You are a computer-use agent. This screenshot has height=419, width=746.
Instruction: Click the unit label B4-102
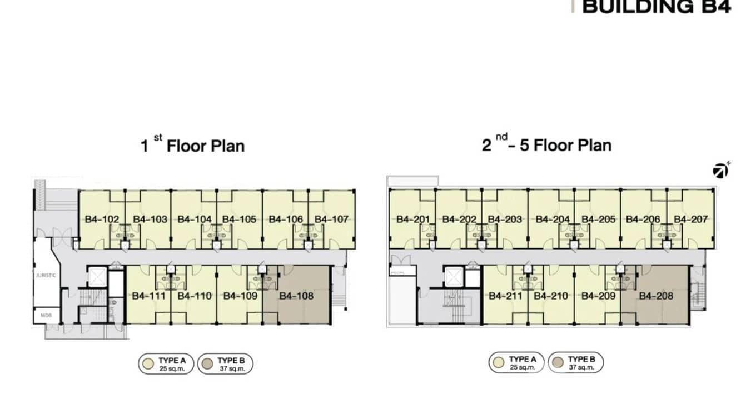click(102, 220)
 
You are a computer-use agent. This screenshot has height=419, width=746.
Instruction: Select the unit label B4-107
click(331, 220)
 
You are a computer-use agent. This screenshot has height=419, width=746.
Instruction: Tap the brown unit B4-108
click(296, 296)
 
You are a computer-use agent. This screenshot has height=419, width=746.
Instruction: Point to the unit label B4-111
click(148, 296)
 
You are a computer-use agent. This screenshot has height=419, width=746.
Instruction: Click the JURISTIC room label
click(46, 275)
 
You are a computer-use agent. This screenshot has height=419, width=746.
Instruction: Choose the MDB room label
click(46, 315)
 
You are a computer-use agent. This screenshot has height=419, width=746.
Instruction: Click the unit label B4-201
click(413, 220)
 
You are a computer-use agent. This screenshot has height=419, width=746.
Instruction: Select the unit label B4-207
click(691, 220)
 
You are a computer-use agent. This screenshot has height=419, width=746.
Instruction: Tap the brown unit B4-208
click(656, 296)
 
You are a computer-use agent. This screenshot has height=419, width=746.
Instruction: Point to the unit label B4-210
click(551, 296)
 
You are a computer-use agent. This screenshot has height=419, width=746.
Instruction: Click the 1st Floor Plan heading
click(192, 146)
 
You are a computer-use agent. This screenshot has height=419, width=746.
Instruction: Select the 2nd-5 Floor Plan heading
click(546, 146)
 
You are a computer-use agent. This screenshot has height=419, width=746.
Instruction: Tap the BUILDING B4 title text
click(656, 7)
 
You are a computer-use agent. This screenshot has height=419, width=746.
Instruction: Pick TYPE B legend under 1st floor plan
click(225, 364)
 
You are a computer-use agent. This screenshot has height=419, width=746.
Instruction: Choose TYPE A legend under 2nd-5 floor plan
click(516, 363)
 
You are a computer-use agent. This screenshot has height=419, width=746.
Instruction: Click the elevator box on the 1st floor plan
click(97, 277)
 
